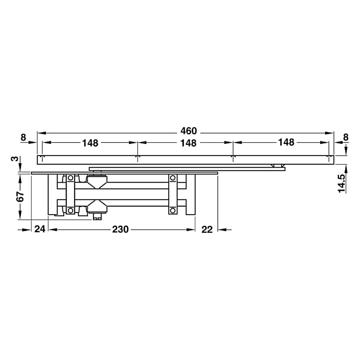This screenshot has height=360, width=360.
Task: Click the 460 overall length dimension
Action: pos(189,131)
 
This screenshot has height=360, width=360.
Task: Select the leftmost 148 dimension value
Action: pos(90,143)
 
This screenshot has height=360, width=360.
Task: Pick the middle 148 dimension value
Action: pos(188,143)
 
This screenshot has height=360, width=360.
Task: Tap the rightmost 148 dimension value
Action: pos(286,142)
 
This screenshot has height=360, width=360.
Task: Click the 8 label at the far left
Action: pos(23,138)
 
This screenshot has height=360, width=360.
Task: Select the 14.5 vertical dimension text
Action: pos(342,183)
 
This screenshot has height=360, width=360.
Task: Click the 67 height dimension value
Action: pos(21,196)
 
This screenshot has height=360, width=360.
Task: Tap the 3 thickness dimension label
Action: pos(15,159)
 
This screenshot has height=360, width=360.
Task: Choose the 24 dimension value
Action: pos(40,229)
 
